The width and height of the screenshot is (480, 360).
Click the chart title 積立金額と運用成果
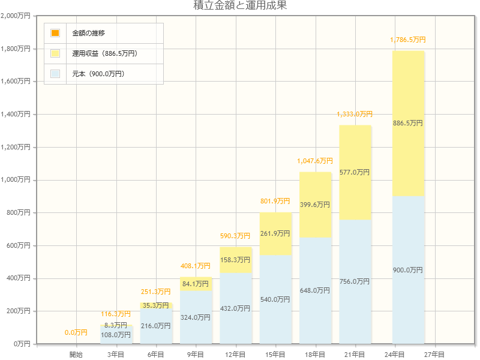[240, 6]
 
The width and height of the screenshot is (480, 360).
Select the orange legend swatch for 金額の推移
[55, 33]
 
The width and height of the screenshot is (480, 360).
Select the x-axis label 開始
[76, 355]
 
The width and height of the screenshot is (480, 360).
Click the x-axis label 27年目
[434, 355]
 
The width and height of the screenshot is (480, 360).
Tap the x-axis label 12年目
[235, 355]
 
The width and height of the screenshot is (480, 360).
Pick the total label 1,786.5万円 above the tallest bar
[408, 40]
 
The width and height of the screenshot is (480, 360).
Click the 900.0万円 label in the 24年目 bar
[408, 270]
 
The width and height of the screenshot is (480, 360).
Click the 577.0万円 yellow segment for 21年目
[355, 172]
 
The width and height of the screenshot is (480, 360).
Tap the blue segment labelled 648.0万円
[315, 290]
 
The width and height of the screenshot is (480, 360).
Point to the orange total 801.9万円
[275, 201]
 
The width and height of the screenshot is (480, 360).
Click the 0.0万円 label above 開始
[76, 332]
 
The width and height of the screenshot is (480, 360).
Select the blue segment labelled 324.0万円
[196, 317]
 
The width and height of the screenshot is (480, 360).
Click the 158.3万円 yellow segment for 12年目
[235, 260]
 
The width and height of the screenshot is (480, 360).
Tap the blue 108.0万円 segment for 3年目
[116, 335]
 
